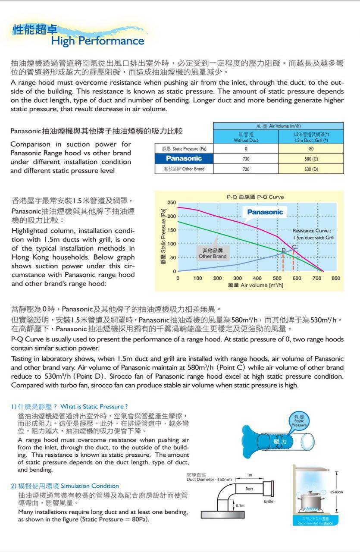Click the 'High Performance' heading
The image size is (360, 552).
tap(97, 41)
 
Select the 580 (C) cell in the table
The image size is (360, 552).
tap(311, 159)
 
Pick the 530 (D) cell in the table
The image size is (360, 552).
tap(311, 169)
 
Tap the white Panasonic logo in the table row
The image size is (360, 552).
tap(184, 159)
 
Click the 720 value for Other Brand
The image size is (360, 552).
tap(246, 169)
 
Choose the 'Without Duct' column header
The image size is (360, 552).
tap(246, 138)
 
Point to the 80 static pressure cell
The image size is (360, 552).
tap(311, 149)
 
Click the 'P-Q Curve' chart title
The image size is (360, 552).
tap(255, 197)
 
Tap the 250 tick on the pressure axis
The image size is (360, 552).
tap(172, 203)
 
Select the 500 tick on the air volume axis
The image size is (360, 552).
tap(277, 279)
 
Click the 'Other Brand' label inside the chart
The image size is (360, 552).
tap(213, 254)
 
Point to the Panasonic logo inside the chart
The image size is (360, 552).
tap(265, 212)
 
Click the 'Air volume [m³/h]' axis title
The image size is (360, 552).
tap(256, 285)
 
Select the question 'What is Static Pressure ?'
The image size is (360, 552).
tap(94, 407)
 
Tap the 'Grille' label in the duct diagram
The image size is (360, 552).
tap(269, 502)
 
